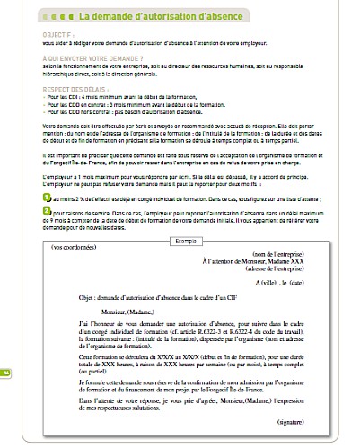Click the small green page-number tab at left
click(x=6, y=372)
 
